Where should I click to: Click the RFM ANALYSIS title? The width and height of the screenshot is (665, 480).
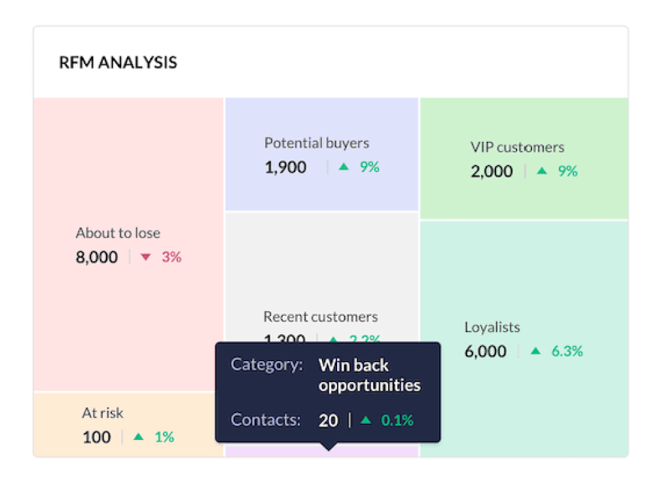pos(118,63)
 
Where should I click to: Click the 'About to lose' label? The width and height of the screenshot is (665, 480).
pos(118,233)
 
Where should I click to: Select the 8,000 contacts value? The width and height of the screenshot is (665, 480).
pos(97,257)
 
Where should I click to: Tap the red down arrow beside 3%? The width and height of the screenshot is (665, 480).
pos(146,258)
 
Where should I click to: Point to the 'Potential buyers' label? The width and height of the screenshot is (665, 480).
pos(317,143)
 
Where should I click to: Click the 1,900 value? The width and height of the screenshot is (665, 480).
pos(285,167)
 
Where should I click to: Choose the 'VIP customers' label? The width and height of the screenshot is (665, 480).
pos(517,146)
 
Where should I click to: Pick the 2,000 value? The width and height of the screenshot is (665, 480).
pos(492,171)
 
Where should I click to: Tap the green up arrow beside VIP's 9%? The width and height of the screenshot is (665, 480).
pos(541,171)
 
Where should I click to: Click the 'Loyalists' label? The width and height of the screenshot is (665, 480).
pos(492,327)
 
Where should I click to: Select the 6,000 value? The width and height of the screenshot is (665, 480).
pos(486,351)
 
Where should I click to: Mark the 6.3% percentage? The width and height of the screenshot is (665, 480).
pos(567,351)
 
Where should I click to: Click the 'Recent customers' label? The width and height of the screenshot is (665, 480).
pos(320,317)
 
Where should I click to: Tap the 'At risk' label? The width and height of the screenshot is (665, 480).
pos(103,413)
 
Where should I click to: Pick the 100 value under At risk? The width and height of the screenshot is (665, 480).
pos(97,437)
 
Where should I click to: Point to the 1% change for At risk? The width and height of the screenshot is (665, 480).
pos(164,437)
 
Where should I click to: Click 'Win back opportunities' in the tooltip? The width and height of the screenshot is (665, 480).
pos(369,375)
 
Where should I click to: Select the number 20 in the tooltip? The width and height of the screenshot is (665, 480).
pos(329,420)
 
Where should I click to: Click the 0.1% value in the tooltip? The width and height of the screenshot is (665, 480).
pos(397,420)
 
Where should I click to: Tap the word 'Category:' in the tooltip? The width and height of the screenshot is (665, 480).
pos(267,365)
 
